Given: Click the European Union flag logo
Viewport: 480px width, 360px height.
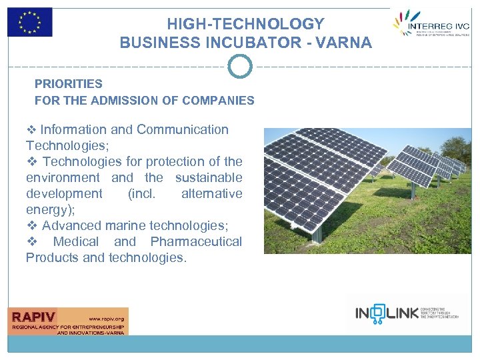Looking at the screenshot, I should (29, 22).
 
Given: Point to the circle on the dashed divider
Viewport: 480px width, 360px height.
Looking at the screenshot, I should (240, 67).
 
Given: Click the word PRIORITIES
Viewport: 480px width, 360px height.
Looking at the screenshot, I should (69, 84).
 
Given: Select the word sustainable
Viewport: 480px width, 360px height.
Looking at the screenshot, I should (209, 177).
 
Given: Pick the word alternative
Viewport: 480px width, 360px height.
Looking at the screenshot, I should (211, 193).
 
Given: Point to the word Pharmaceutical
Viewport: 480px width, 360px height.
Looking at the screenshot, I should (196, 241).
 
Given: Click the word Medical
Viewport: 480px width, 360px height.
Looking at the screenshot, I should (75, 241).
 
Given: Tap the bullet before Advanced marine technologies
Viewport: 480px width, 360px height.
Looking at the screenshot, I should (31, 225).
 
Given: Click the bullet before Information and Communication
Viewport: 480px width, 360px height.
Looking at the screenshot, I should (31, 129).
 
